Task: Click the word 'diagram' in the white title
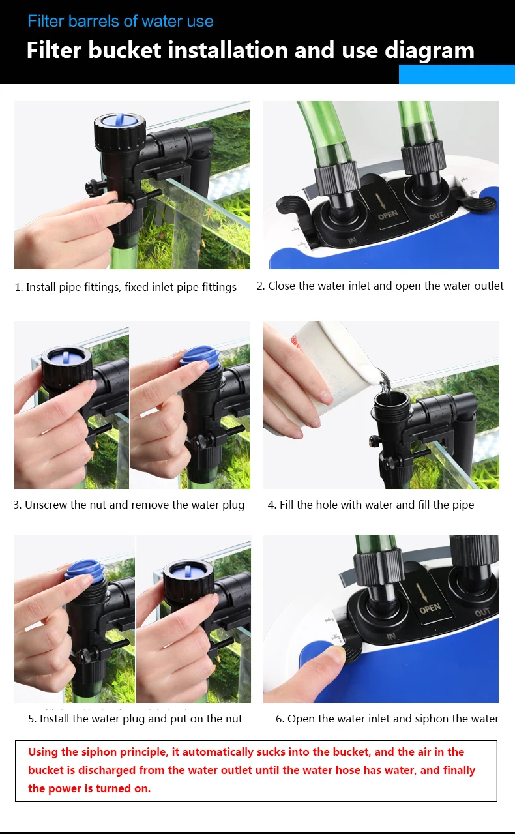(429, 51)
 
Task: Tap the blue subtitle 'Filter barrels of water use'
(121, 22)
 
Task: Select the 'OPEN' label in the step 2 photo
(388, 215)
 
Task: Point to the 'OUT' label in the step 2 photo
(436, 215)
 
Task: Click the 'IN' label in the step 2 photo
(352, 241)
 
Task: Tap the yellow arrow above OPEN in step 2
(381, 200)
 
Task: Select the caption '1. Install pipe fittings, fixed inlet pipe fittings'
(125, 287)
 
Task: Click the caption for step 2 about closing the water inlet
(380, 286)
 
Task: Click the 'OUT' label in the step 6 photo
(482, 612)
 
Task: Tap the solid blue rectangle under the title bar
(457, 74)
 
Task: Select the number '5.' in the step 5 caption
(33, 719)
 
